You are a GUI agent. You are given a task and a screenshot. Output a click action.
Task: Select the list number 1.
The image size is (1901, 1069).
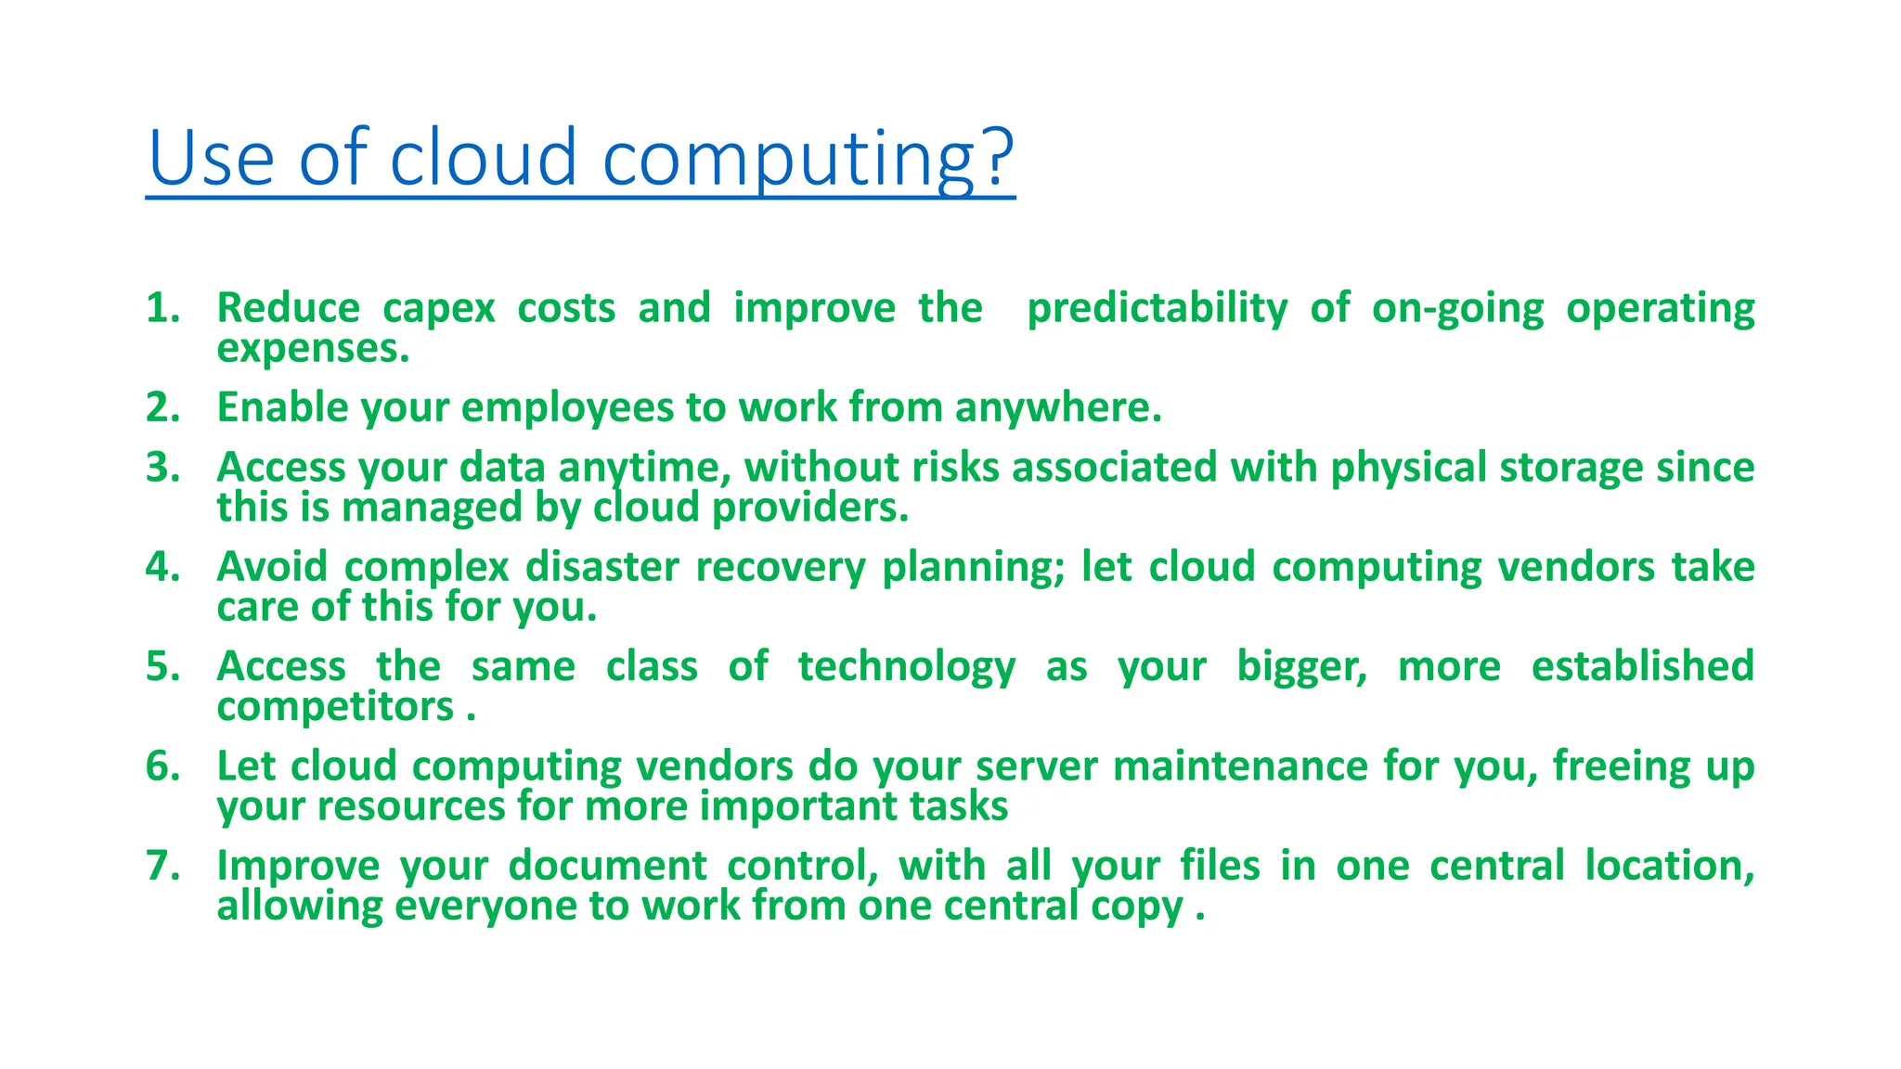[x=162, y=308]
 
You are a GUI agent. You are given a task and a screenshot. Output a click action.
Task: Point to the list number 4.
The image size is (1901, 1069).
[x=162, y=567]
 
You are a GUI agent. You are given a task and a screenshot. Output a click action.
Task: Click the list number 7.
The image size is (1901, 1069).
[x=162, y=866]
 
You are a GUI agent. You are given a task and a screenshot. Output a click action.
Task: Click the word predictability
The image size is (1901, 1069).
[x=1157, y=308]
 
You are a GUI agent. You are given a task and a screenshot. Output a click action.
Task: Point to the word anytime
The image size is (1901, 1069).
[x=643, y=468]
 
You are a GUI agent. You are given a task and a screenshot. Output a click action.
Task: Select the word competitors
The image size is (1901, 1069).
[x=335, y=707]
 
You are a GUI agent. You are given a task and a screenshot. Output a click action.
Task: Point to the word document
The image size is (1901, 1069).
[x=607, y=866]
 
